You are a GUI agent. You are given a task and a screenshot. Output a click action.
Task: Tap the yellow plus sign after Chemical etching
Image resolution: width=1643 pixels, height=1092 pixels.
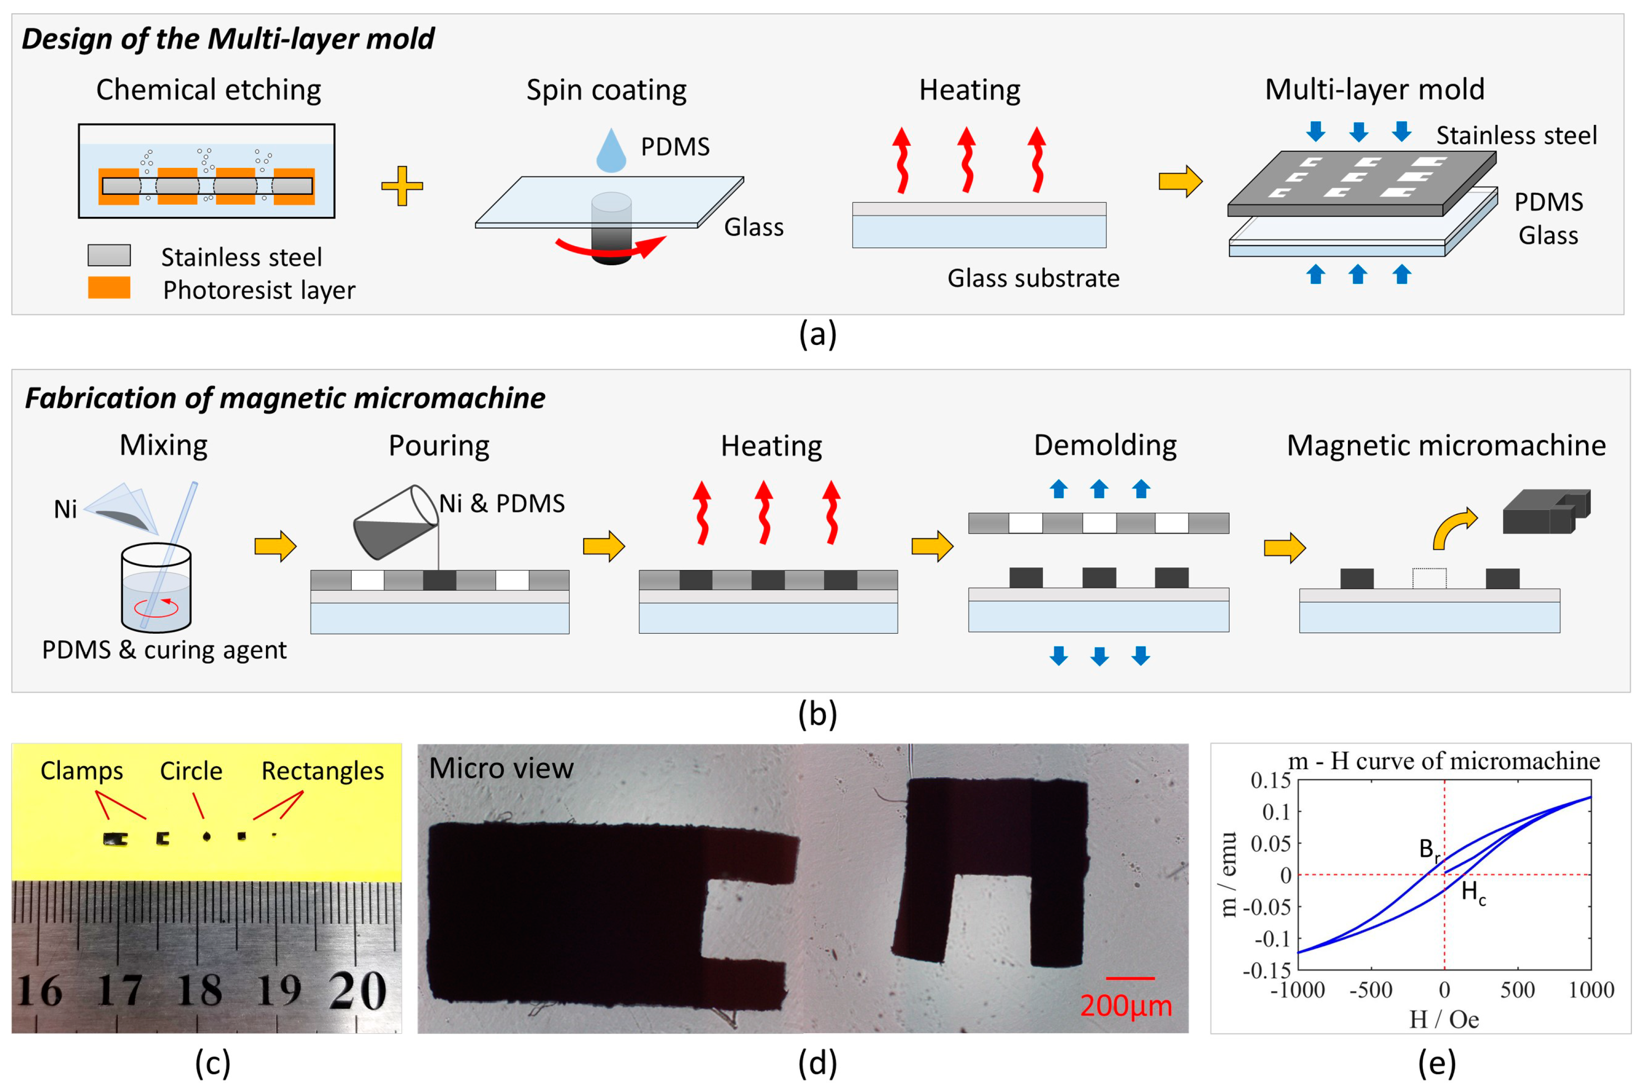(402, 186)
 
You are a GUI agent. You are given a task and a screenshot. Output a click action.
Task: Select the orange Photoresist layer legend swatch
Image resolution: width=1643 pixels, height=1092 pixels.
(109, 288)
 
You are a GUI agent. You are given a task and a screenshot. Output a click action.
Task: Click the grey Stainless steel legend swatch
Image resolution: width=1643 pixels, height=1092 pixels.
(109, 255)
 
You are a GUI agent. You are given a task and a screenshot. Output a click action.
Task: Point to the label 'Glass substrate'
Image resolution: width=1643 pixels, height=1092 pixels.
(1032, 279)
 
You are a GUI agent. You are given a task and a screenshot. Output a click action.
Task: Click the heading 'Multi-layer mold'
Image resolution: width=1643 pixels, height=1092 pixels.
(1374, 90)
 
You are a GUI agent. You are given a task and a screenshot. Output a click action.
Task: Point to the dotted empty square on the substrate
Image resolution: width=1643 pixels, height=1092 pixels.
(1429, 578)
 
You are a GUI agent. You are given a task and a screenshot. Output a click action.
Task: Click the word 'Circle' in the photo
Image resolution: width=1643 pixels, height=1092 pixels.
(191, 771)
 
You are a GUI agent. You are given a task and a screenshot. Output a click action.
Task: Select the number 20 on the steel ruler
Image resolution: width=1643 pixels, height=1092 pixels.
(358, 991)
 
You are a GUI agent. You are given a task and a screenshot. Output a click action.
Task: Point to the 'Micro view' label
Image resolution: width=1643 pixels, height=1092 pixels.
(501, 768)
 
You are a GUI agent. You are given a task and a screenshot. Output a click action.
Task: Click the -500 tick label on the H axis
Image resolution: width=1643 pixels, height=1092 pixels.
(1370, 990)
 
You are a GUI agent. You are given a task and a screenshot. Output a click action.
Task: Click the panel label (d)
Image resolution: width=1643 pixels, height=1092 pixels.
(818, 1064)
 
